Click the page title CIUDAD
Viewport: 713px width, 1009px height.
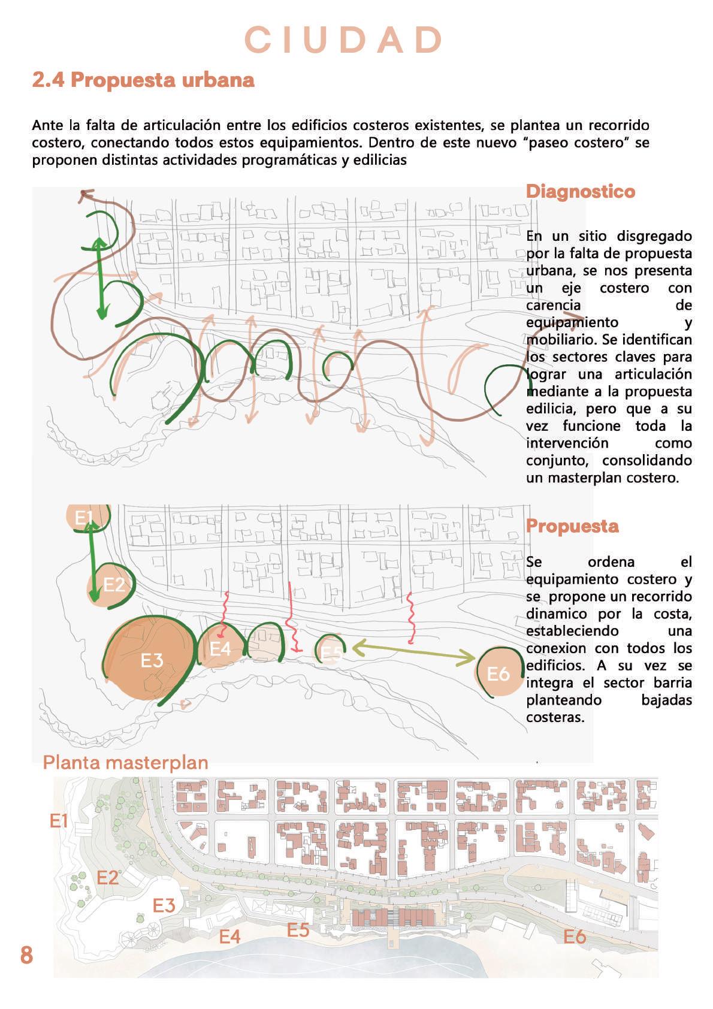[344, 40]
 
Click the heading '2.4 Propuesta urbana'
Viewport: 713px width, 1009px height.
[143, 80]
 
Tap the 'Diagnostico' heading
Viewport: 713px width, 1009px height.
[580, 192]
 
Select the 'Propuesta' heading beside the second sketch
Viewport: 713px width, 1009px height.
[572, 525]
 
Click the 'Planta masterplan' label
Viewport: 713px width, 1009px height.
[126, 762]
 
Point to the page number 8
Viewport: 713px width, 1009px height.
[26, 954]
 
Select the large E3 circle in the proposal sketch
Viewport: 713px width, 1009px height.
[151, 659]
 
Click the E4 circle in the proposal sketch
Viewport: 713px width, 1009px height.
[220, 648]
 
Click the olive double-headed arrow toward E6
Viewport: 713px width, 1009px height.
[413, 653]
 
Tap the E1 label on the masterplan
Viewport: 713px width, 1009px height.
[59, 821]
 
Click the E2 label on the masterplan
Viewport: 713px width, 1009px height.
[108, 877]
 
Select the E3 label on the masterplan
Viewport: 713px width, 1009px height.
[164, 905]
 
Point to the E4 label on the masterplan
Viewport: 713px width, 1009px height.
[229, 936]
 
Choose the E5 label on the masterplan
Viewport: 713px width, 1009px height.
[298, 929]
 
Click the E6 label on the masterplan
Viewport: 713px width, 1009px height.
[575, 936]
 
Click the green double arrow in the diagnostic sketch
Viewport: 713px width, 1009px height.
[101, 277]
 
